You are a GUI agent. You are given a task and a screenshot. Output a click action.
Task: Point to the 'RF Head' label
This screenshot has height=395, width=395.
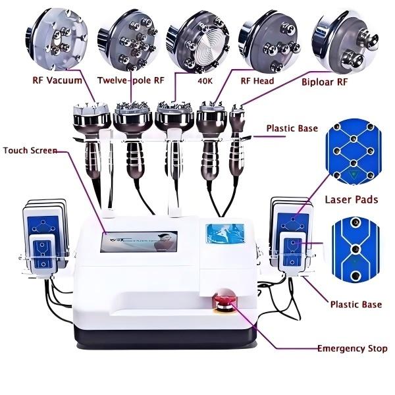(257, 81)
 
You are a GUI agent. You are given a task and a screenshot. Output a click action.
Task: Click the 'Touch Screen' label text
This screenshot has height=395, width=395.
(30, 150)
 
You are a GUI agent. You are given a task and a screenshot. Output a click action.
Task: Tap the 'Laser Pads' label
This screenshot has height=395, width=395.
(352, 199)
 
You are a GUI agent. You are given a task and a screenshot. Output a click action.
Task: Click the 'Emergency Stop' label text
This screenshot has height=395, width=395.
(352, 348)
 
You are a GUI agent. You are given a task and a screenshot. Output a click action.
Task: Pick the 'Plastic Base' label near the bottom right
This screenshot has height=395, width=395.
(355, 305)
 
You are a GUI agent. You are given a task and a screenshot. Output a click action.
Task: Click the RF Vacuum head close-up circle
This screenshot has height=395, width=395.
(57, 41)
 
